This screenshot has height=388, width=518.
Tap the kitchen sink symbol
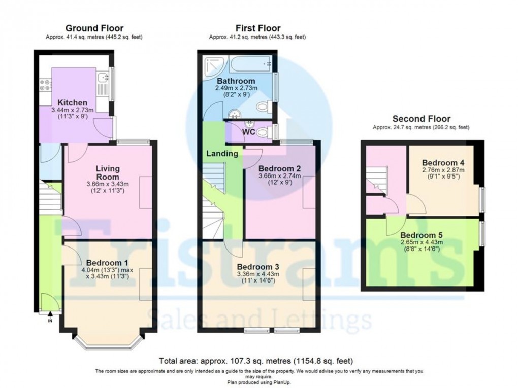[103, 78]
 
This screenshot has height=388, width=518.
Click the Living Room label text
[107, 172]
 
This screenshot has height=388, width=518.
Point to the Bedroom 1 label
[107, 263]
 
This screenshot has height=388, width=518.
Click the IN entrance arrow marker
[50, 320]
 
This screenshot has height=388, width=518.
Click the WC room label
[249, 132]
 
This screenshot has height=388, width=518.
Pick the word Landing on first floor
[222, 153]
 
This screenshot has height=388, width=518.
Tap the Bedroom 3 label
[257, 267]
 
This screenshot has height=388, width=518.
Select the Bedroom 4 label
[443, 162]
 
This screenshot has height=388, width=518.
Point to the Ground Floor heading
[94, 28]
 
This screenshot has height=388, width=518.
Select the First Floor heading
[257, 28]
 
